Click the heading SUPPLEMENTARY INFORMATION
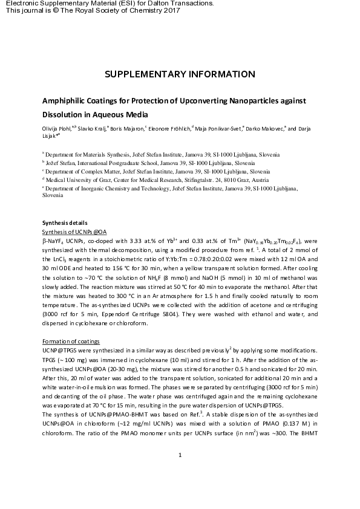tap(180, 74)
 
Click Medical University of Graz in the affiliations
tap(78, 180)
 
